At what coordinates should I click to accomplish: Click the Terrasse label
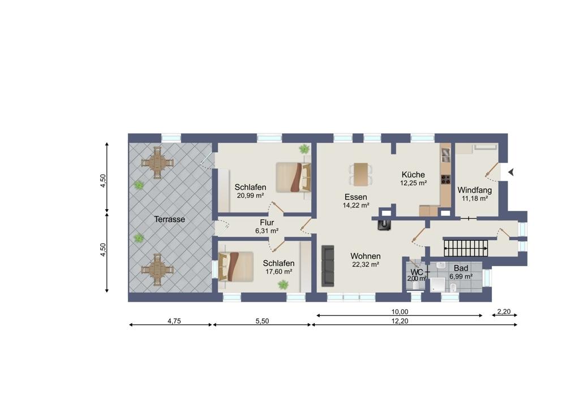click(x=169, y=219)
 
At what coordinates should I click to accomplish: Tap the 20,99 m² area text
click(x=250, y=196)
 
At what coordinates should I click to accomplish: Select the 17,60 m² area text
click(x=278, y=272)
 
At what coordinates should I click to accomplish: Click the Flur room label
click(x=267, y=223)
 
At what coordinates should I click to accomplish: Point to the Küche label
click(x=413, y=175)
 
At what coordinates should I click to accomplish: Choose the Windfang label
click(x=475, y=190)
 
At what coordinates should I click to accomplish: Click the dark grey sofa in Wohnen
click(x=328, y=266)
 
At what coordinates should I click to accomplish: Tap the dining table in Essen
click(x=361, y=175)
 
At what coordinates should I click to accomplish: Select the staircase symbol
click(x=466, y=248)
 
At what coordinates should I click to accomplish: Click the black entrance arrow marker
click(x=511, y=172)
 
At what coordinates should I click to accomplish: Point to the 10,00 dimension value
click(x=400, y=312)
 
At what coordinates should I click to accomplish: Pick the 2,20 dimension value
click(x=504, y=311)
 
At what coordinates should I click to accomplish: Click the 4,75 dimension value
click(x=174, y=321)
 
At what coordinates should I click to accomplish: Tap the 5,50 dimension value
click(x=263, y=321)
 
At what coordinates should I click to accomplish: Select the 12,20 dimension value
click(x=400, y=321)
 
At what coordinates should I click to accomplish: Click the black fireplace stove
click(x=384, y=224)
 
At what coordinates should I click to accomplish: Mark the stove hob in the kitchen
click(x=446, y=179)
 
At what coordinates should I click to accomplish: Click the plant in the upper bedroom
click(x=305, y=149)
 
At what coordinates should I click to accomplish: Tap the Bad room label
click(x=461, y=268)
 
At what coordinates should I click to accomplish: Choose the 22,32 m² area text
click(x=365, y=264)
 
